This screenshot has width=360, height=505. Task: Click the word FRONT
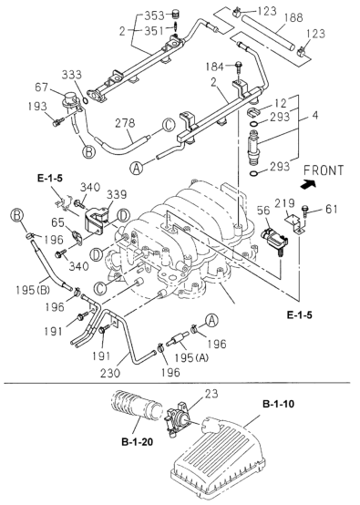(x=325, y=170)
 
